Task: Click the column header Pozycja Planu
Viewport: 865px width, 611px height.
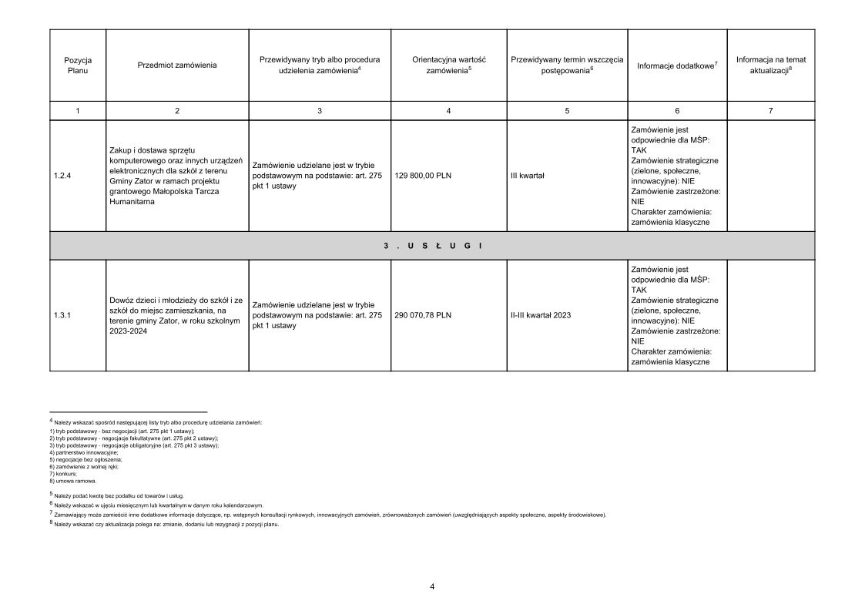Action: (78, 65)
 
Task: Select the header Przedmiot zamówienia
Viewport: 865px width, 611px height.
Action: (177, 65)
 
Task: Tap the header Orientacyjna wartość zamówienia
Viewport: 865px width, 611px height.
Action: (448, 65)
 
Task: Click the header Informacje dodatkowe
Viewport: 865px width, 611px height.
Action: (677, 65)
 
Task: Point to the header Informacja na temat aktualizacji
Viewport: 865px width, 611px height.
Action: (771, 65)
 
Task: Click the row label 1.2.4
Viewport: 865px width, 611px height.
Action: (63, 176)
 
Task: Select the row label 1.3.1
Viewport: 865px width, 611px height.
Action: (63, 315)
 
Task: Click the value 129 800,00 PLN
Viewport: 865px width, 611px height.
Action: (423, 176)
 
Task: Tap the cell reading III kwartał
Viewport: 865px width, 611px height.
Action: (528, 176)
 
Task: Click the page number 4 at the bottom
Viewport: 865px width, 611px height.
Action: (432, 587)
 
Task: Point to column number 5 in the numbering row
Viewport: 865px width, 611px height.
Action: (567, 111)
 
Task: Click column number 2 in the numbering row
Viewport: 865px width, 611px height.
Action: (177, 111)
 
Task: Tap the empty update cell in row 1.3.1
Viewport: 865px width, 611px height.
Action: (771, 315)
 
